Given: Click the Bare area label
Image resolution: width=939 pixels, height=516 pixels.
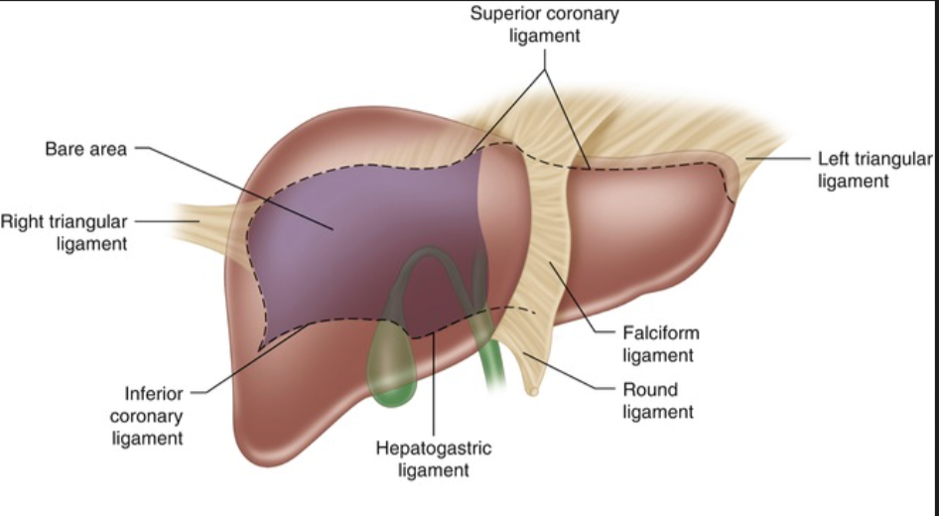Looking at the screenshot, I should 85,151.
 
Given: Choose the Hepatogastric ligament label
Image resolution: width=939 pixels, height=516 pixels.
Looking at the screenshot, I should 433,458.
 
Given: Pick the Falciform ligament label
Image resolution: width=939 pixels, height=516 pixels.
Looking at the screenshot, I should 660,343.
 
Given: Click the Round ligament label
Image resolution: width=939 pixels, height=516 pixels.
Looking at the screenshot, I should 657,399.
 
